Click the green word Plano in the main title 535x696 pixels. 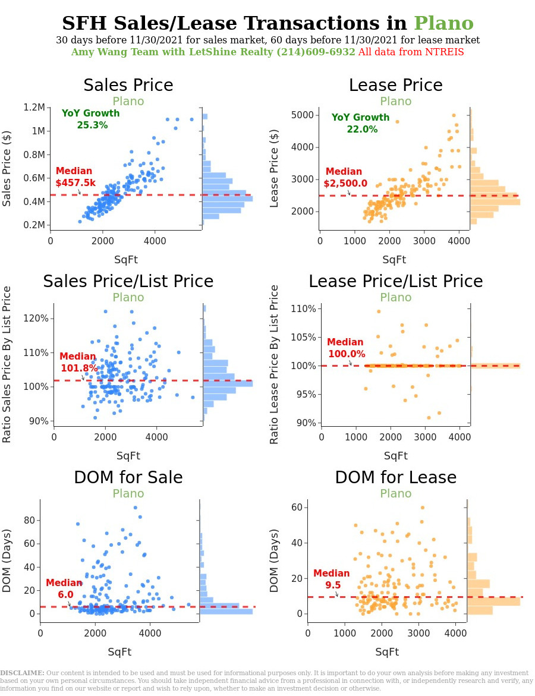click(443, 23)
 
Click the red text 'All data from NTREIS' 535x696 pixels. click(411, 52)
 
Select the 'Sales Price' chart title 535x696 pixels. click(128, 86)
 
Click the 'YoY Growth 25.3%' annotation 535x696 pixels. click(91, 119)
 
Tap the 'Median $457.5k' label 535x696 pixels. click(75, 177)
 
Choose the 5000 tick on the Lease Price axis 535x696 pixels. click(305, 115)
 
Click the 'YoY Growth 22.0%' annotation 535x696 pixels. click(361, 123)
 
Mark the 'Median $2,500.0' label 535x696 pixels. click(346, 178)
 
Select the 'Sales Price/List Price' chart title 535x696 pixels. click(128, 282)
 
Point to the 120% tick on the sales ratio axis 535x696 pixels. click(38, 318)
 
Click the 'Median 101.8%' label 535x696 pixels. click(79, 363)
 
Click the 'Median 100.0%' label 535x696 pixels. click(345, 348)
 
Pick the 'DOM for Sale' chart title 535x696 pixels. click(128, 478)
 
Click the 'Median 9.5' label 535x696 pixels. click(332, 579)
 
